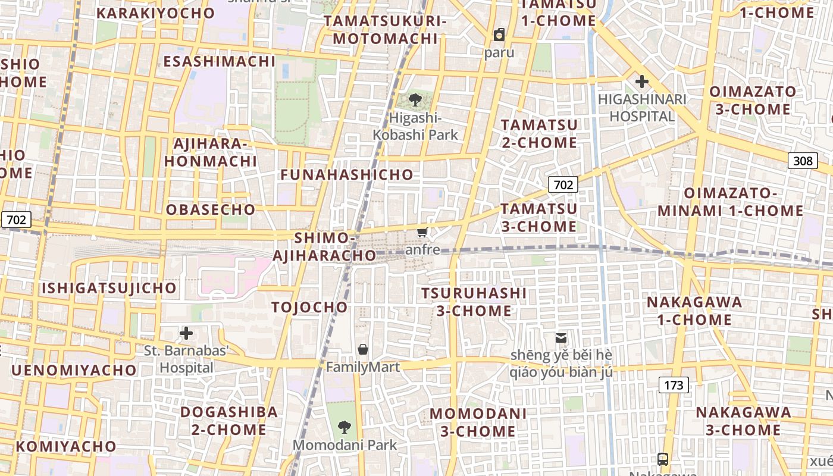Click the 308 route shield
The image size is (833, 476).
[802, 160]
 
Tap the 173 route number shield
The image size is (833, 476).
[674, 385]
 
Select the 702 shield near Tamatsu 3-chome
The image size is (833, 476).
[563, 184]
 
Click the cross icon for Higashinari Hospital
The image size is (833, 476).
[641, 82]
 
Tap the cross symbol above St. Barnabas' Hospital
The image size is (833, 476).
[186, 333]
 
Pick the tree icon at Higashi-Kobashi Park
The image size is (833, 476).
[415, 100]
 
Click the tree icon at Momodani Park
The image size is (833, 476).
[344, 427]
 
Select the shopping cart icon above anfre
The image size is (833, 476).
[422, 232]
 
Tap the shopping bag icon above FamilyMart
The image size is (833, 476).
[363, 349]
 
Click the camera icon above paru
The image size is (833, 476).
[499, 35]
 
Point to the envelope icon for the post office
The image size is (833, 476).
[561, 337]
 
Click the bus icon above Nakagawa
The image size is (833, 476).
[663, 459]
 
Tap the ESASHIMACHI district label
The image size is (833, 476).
[220, 61]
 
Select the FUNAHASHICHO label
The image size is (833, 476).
[347, 174]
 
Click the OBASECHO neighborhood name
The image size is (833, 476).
[211, 209]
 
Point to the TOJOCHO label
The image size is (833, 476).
[309, 307]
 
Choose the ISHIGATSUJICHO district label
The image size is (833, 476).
[109, 288]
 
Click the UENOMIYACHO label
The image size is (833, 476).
[74, 370]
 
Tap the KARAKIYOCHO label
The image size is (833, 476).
[155, 13]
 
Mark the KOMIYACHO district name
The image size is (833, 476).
[67, 446]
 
